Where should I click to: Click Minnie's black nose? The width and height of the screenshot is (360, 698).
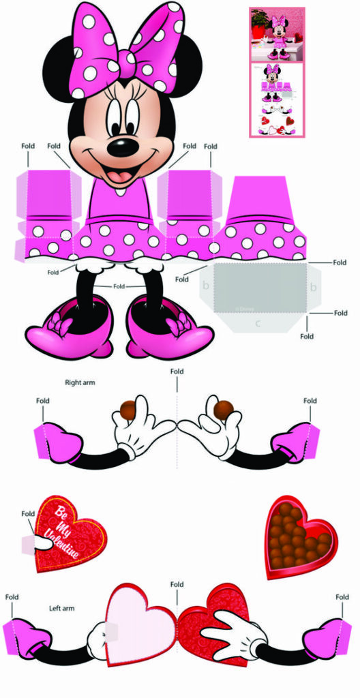pyautogui.click(x=123, y=145)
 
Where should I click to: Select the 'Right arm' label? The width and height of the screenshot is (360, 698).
pyautogui.click(x=80, y=382)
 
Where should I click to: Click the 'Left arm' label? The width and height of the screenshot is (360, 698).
pyautogui.click(x=61, y=607)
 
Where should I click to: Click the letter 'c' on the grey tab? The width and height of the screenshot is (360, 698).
pyautogui.click(x=258, y=323)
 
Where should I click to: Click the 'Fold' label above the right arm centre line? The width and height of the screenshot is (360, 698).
pyautogui.click(x=177, y=371)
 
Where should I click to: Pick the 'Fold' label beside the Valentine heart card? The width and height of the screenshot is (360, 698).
pyautogui.click(x=28, y=514)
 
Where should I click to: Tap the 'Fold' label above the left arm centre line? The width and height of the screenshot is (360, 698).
pyautogui.click(x=177, y=585)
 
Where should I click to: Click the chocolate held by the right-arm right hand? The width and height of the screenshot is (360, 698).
pyautogui.click(x=224, y=410)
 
